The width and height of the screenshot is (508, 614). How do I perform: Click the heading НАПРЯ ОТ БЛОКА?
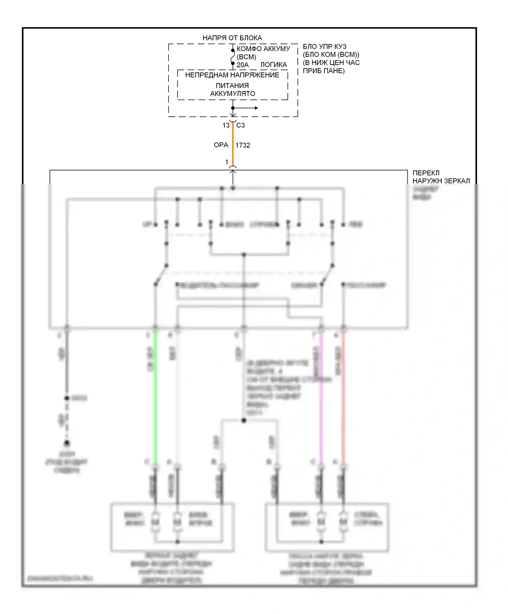click(232, 38)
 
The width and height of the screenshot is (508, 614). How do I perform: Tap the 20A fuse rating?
click(242, 65)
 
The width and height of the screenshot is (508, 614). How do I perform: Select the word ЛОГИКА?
click(273, 65)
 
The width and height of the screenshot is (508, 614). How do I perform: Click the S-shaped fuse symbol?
click(233, 57)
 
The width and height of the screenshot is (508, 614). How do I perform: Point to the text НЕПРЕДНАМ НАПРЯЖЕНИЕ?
click(232, 75)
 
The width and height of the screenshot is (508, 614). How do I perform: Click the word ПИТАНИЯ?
click(232, 86)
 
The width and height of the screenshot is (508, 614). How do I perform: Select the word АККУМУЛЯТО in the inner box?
click(232, 93)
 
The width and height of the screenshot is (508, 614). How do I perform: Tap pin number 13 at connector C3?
click(226, 125)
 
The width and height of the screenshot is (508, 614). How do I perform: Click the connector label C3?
click(240, 125)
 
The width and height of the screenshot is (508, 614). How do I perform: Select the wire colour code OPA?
click(221, 145)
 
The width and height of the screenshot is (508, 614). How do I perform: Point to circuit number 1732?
click(243, 145)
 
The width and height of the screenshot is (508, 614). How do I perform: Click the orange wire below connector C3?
click(233, 146)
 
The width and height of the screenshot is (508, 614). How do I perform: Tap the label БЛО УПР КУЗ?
click(324, 46)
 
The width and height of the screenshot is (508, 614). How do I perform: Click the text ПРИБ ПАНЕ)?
click(323, 71)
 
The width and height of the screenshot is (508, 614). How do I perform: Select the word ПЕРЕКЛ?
click(426, 173)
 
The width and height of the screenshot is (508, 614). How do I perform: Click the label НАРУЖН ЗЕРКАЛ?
click(441, 181)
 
